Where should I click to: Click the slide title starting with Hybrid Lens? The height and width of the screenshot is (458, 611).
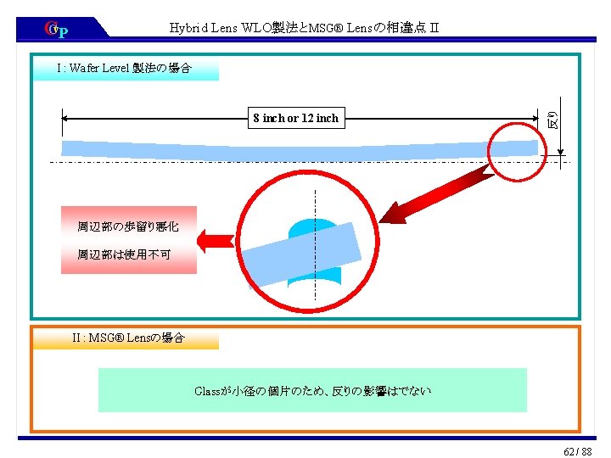pyautogui.click(x=304, y=29)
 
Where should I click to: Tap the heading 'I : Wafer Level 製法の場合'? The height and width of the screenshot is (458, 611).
pyautogui.click(x=124, y=67)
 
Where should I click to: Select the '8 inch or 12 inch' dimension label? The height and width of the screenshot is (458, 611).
pyautogui.click(x=295, y=118)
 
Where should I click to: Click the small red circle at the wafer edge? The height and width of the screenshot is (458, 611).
pyautogui.click(x=520, y=151)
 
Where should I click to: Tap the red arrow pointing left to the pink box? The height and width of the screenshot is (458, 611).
pyautogui.click(x=216, y=239)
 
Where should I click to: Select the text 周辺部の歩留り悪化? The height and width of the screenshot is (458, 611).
pyautogui.click(x=127, y=226)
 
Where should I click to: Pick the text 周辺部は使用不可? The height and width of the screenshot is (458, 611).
pyautogui.click(x=124, y=254)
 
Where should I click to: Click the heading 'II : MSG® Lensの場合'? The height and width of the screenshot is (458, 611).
pyautogui.click(x=128, y=338)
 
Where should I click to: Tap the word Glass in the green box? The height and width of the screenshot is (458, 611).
pyautogui.click(x=207, y=391)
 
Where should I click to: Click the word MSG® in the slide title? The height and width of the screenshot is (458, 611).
pyautogui.click(x=322, y=29)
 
